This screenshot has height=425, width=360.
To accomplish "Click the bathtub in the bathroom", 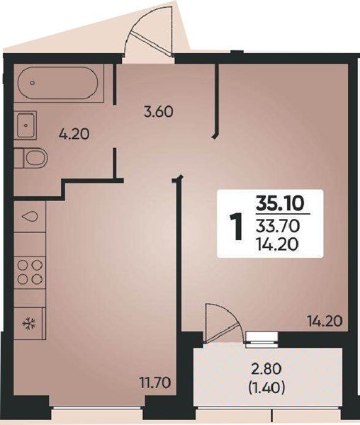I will pyautogui.click(x=59, y=83).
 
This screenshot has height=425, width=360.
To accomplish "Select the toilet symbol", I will pyautogui.click(x=30, y=158).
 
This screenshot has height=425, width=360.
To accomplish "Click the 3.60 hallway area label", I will pyautogui.click(x=158, y=111).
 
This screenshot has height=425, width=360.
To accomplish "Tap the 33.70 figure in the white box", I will pyautogui.click(x=279, y=227).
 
